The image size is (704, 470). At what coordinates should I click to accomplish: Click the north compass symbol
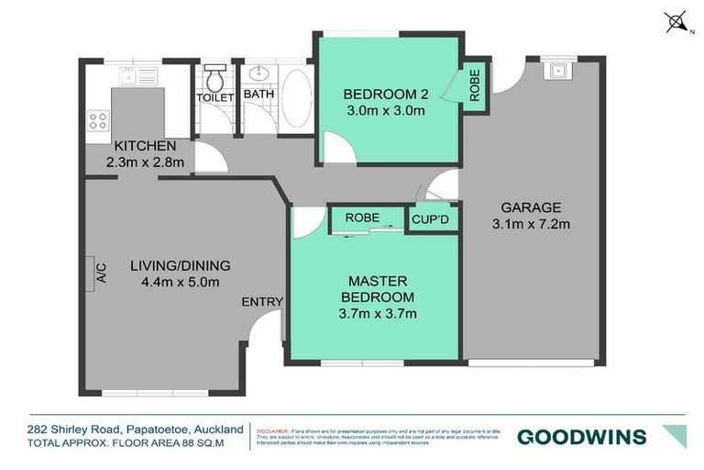pyautogui.click(x=677, y=21)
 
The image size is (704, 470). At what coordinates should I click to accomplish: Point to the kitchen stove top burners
pyautogui.click(x=97, y=119)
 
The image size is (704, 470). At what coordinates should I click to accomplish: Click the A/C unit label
pyautogui.click(x=101, y=273)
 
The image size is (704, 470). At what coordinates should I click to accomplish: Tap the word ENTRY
pyautogui.click(x=261, y=301)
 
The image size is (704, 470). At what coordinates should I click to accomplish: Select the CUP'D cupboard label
pyautogui.click(x=429, y=219)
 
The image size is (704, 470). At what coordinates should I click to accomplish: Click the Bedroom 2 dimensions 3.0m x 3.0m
pyautogui.click(x=384, y=112)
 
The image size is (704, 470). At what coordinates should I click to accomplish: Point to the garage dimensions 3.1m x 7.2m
pyautogui.click(x=531, y=223)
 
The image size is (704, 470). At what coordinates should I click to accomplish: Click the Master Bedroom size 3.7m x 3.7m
pyautogui.click(x=379, y=313)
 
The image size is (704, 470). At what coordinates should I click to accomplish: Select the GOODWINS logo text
pyautogui.click(x=581, y=436)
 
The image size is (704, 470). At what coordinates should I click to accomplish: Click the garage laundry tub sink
pyautogui.click(x=555, y=69)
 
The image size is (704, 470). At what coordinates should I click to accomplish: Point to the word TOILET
pyautogui.click(x=215, y=97)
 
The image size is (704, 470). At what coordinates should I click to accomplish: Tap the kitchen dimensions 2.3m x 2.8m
pyautogui.click(x=145, y=162)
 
